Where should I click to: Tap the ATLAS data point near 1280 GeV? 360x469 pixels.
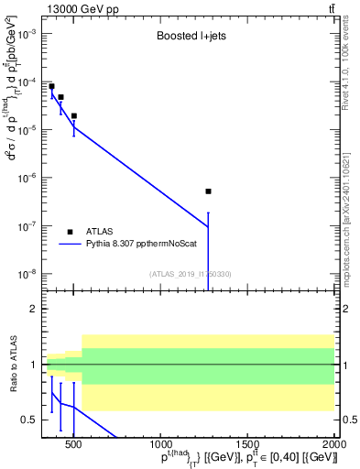click(209, 191)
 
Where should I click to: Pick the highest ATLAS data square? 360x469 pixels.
click(51, 86)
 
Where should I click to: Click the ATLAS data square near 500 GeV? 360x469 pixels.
click(73, 116)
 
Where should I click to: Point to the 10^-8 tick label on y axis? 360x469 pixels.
click(27, 273)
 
